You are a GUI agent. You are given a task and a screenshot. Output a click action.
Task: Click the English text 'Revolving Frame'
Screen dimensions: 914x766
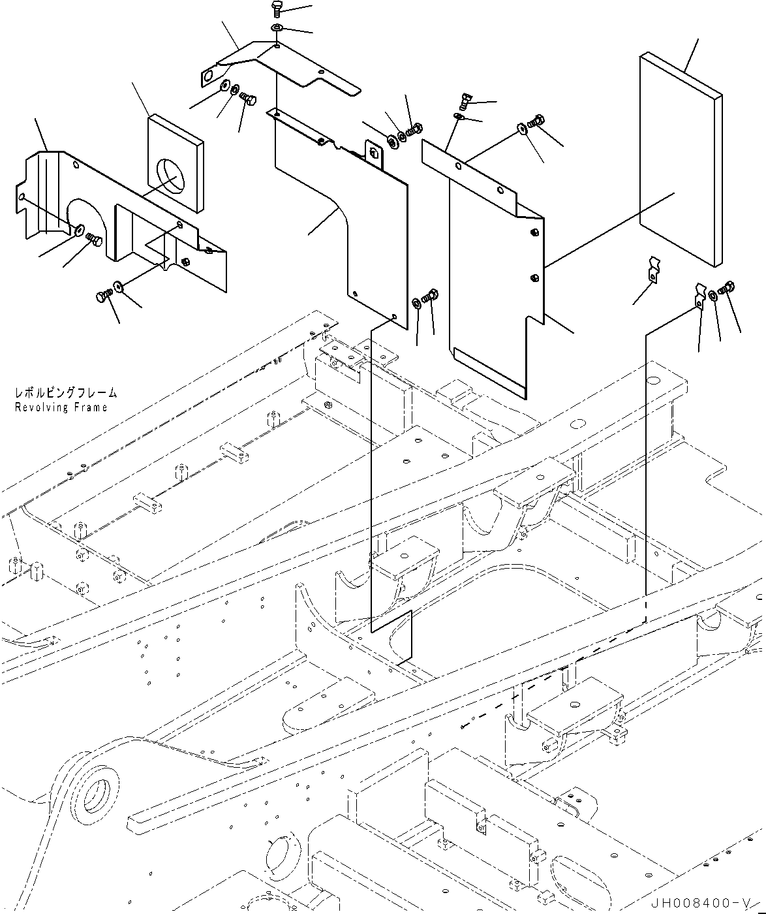pyautogui.click(x=61, y=407)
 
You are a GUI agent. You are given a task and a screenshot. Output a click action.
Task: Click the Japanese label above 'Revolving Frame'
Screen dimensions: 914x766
pyautogui.click(x=66, y=393)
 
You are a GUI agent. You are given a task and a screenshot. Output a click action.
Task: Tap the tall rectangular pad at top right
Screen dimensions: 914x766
pyautogui.click(x=679, y=160)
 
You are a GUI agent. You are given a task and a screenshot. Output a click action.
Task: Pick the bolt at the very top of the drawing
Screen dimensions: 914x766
pyautogui.click(x=275, y=8)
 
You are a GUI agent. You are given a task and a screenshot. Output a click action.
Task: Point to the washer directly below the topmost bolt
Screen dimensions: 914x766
pyautogui.click(x=277, y=27)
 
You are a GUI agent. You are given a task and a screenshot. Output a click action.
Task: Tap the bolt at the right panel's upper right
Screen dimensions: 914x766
pyautogui.click(x=537, y=121)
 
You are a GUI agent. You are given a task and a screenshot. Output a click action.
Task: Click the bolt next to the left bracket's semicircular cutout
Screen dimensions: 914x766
pyautogui.click(x=94, y=240)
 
